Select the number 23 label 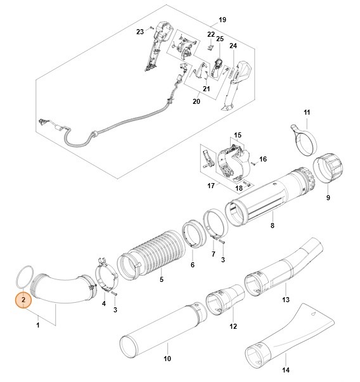click(x=140, y=31)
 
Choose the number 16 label click(x=264, y=158)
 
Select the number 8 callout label click(x=272, y=225)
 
